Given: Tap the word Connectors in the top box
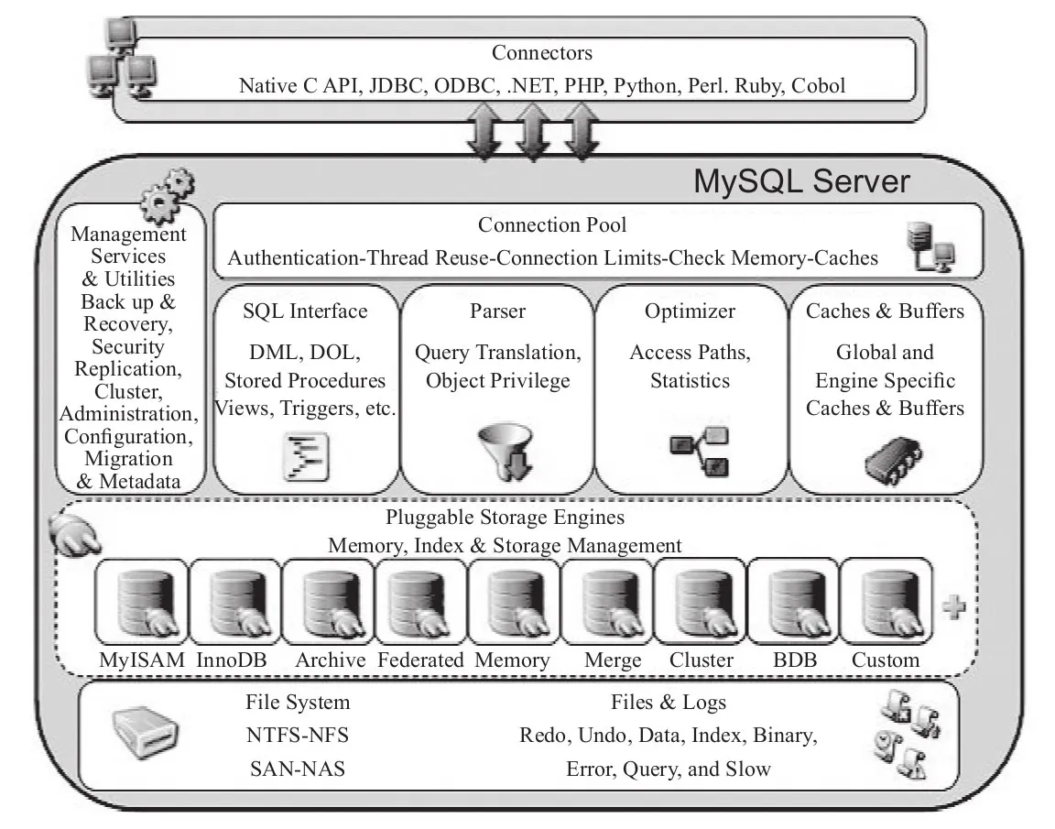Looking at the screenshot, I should click(x=542, y=53).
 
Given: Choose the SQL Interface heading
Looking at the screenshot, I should click(x=305, y=311).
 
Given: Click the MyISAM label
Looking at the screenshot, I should click(x=142, y=660).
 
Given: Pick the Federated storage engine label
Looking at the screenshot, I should click(x=421, y=660).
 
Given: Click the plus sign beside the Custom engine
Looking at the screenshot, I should click(x=954, y=608).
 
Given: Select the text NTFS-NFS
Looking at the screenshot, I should click(x=298, y=736).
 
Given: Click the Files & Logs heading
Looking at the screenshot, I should click(x=669, y=704).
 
